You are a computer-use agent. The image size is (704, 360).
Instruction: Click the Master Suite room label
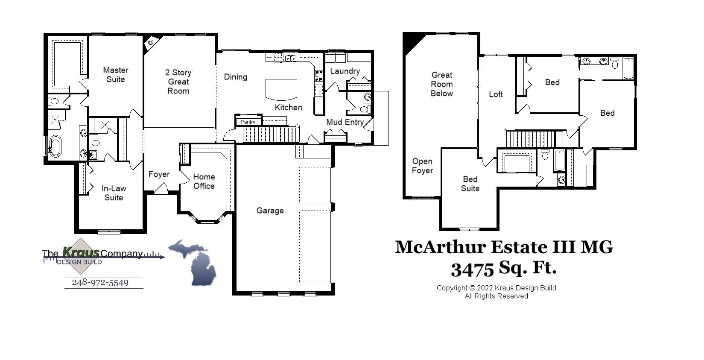115,75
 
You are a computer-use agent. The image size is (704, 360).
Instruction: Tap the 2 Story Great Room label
178,82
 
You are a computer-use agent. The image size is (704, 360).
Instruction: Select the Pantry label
248,122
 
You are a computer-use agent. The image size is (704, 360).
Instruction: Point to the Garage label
270,211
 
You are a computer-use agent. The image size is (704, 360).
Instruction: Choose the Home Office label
204,181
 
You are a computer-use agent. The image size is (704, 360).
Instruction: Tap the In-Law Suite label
114,193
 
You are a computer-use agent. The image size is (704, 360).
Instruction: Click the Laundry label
345,71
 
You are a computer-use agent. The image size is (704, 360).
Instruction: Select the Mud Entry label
345,122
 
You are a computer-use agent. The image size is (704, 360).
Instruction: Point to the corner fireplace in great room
151,42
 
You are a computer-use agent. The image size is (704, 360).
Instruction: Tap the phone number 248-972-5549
100,283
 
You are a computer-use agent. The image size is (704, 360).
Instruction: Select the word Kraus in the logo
81,252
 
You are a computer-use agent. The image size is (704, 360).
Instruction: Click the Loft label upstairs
496,94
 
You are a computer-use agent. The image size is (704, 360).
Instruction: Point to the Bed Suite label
470,184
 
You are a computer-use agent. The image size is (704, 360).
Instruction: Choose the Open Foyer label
422,166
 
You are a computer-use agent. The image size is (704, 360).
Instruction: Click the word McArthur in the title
440,247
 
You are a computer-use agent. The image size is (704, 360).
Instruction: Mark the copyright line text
496,288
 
